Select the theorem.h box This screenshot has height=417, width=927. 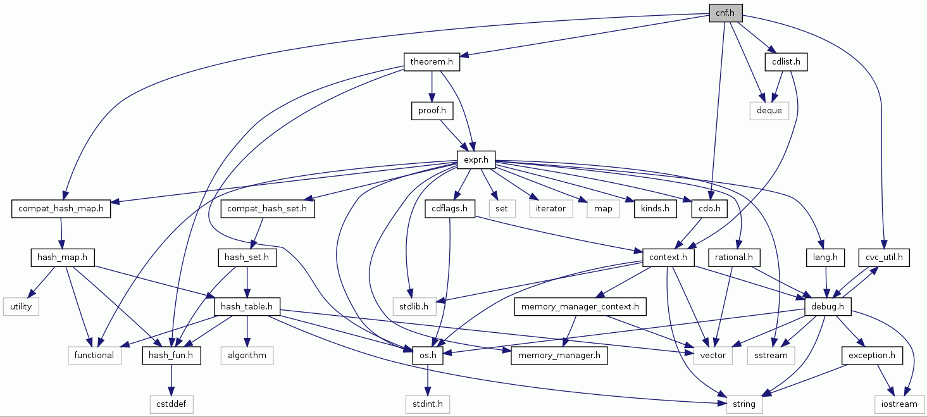pos(432,62)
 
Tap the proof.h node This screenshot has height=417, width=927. pos(432,111)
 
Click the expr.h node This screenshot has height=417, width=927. pos(476,160)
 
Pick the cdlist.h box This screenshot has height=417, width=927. pos(787,62)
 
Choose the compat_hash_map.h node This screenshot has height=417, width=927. pos(61,209)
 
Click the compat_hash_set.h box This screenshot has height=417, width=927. pos(268,209)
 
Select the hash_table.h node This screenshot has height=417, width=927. pos(247,307)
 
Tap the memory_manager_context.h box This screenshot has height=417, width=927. pos(580,307)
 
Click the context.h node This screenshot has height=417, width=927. pos(668,258)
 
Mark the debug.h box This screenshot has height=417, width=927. pos(828,307)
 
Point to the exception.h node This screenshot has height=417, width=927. pos(871,356)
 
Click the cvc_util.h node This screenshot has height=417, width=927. pos(884,258)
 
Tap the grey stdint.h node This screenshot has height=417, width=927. pos(427,404)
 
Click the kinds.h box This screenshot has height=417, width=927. pos(652,209)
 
